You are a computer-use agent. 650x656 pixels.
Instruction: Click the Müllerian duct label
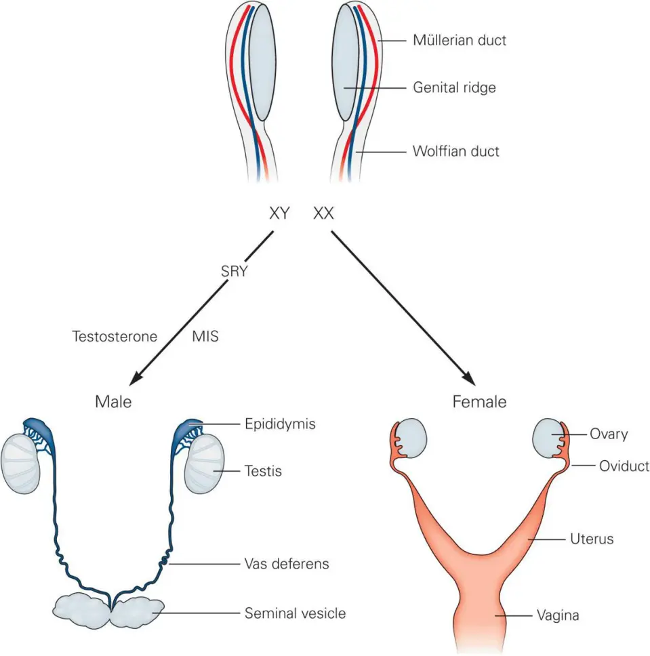point(460,41)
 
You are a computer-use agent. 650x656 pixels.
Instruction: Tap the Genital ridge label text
point(454,88)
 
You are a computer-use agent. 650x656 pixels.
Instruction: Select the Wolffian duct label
point(455,151)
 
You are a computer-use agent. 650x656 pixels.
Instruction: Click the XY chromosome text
point(279,214)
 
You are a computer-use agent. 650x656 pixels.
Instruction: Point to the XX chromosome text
point(323,214)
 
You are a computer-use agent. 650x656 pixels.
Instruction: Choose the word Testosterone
point(115,336)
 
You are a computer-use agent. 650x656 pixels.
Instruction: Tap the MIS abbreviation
point(205,336)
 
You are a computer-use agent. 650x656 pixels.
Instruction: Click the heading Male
point(113,401)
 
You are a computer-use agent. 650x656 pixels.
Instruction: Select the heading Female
point(479,401)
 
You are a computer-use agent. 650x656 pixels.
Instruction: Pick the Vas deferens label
point(287,564)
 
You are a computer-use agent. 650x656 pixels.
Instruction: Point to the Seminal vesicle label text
point(295,613)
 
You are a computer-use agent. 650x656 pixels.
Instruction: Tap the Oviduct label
point(624,466)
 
